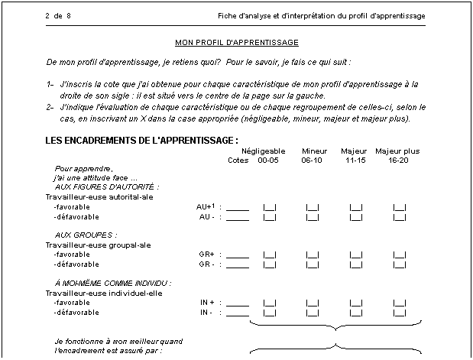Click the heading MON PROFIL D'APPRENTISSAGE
pos(236,42)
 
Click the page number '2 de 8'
pos(58,15)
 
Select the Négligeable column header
pos(263,151)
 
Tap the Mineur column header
pos(314,151)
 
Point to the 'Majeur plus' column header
pos(397,151)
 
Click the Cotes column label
pos(238,161)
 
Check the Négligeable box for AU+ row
pos(269,207)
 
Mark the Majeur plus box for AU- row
pos(399,217)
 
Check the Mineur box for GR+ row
pos(313,255)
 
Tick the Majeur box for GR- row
pos(355,264)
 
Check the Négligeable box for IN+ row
pos(269,303)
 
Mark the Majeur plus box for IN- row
pos(399,313)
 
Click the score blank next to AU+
pos(238,208)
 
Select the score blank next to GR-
pos(238,265)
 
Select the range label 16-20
pos(398,161)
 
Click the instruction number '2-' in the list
pos(50,108)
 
